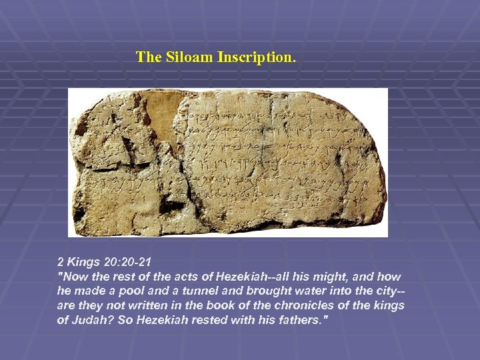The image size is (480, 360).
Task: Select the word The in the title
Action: [x=149, y=57]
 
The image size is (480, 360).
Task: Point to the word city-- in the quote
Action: [x=389, y=291]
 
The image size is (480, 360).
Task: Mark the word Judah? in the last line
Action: [x=93, y=321]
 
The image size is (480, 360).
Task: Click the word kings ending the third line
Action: [x=389, y=306]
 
